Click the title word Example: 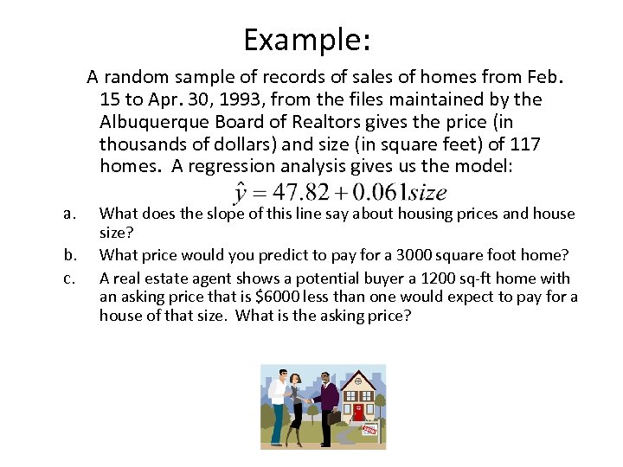(x=306, y=40)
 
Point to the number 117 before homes (x=523, y=144)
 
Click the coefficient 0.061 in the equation (x=373, y=192)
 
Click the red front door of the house (x=357, y=412)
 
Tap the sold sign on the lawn (x=369, y=429)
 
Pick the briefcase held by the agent (x=334, y=419)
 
